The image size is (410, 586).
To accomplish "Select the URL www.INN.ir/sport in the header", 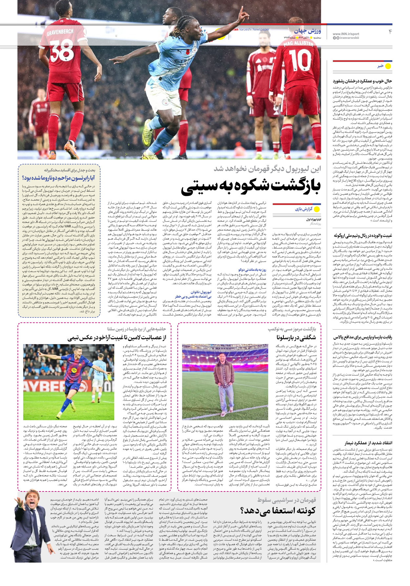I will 346,34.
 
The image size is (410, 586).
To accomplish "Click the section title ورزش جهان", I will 307,31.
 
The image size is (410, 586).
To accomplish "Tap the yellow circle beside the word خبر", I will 388,66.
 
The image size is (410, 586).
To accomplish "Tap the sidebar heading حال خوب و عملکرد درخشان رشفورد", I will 362,81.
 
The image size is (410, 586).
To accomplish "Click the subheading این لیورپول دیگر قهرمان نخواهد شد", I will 267,169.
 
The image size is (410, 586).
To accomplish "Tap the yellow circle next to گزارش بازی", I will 317,209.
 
